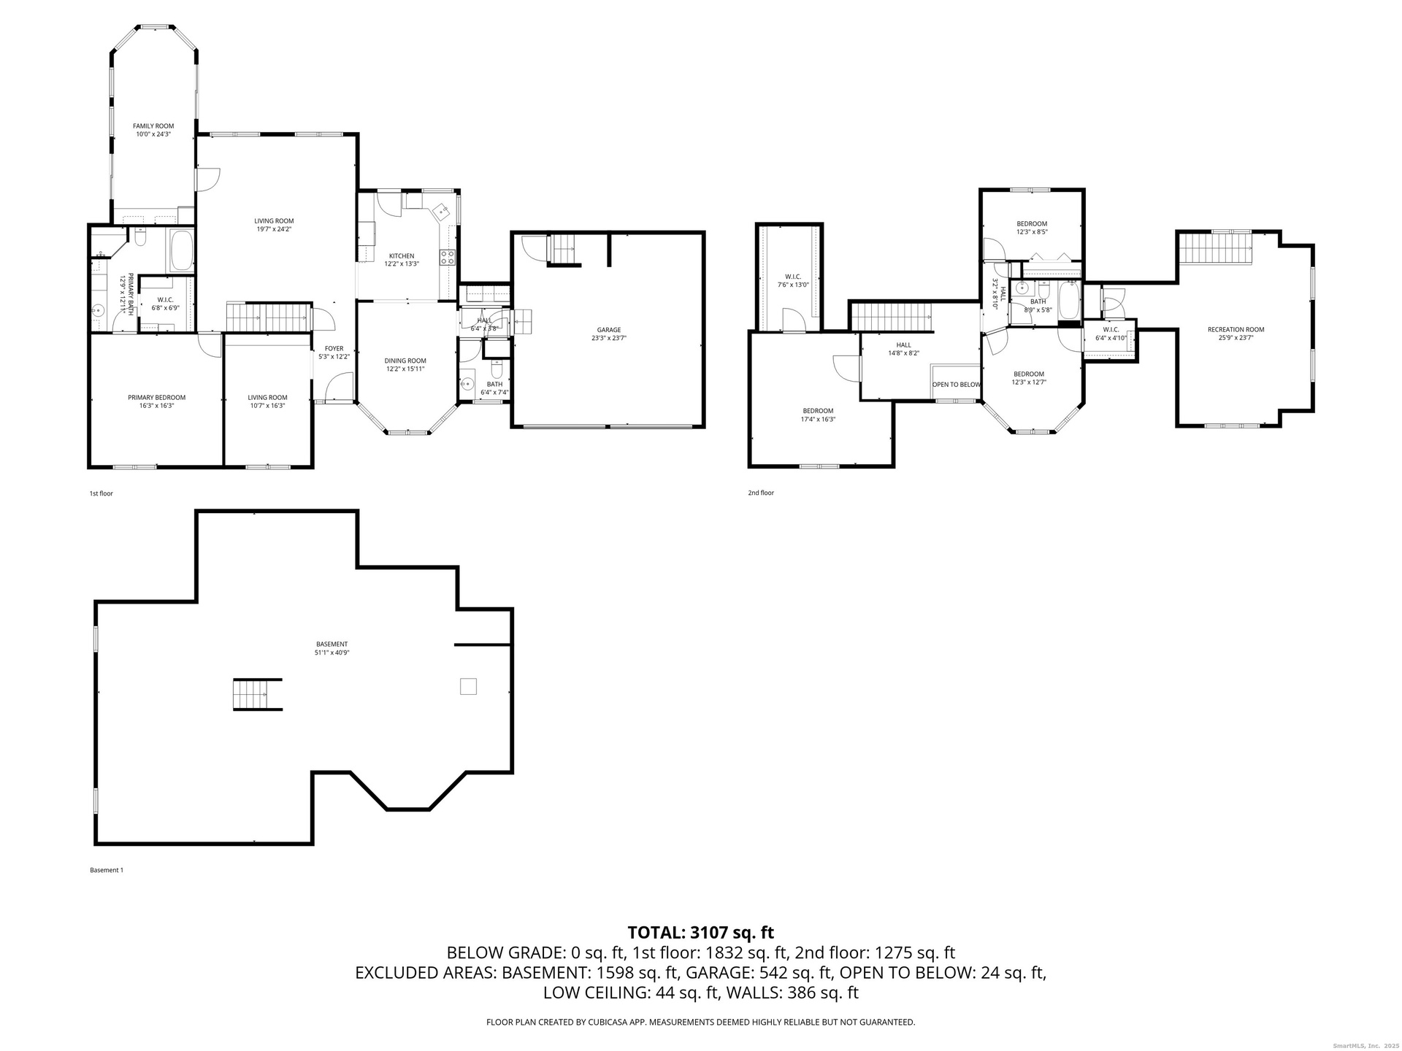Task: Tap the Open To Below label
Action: [x=957, y=385]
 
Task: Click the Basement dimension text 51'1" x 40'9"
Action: [x=332, y=653]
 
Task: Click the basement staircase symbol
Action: [x=257, y=694]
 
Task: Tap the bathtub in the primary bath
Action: [x=181, y=249]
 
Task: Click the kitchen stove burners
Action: [x=447, y=257]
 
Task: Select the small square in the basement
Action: [x=468, y=686]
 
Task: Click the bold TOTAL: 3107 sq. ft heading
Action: [x=701, y=932]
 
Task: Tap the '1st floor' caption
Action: [x=101, y=493]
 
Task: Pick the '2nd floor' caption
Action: [x=761, y=493]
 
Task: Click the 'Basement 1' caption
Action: [x=107, y=870]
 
